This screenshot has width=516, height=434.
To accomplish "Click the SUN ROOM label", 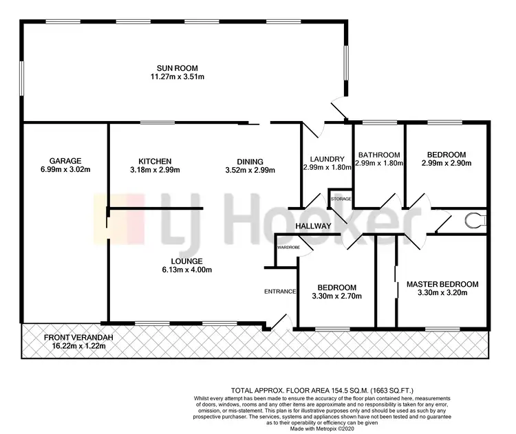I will point(178,67).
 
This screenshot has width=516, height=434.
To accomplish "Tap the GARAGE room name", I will point(65,160).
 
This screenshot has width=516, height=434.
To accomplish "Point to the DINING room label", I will point(244,161).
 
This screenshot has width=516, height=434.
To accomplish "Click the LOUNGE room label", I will point(187,261).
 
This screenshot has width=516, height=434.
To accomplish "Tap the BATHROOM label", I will point(378,155).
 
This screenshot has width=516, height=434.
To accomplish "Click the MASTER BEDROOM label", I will point(442,283).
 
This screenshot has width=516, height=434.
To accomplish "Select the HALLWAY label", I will point(314,226).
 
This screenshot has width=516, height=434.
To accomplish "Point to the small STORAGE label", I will point(341,199).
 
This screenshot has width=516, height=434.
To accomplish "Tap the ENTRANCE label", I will point(279,291).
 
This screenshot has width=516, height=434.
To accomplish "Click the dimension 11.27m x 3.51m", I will point(178,76).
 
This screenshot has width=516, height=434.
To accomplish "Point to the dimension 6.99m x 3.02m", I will point(65,169).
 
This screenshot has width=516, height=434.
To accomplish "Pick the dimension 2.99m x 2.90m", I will point(446,164).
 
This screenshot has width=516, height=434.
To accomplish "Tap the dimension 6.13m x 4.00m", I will point(187,270).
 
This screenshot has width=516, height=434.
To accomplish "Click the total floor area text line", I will point(321,389).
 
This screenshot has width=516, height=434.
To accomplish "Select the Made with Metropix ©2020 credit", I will point(321,429).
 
